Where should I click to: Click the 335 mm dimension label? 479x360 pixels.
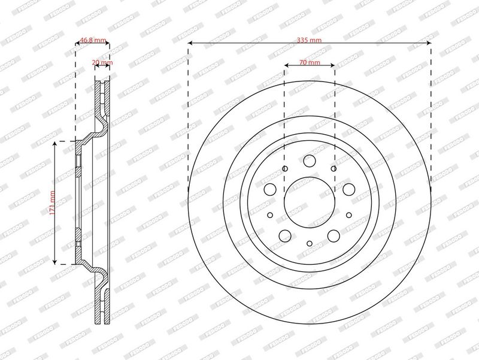tap(309, 40)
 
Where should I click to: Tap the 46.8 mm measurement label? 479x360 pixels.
tap(93, 40)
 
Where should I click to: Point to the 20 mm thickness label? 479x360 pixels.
tap(102, 63)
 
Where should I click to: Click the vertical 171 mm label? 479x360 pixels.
tap(53, 203)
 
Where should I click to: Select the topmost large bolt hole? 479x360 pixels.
tap(310, 161)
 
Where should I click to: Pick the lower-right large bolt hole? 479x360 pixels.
tap(334, 235)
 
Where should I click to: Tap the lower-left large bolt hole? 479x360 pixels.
tap(285, 235)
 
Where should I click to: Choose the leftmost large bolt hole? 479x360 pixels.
tap(270, 189)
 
